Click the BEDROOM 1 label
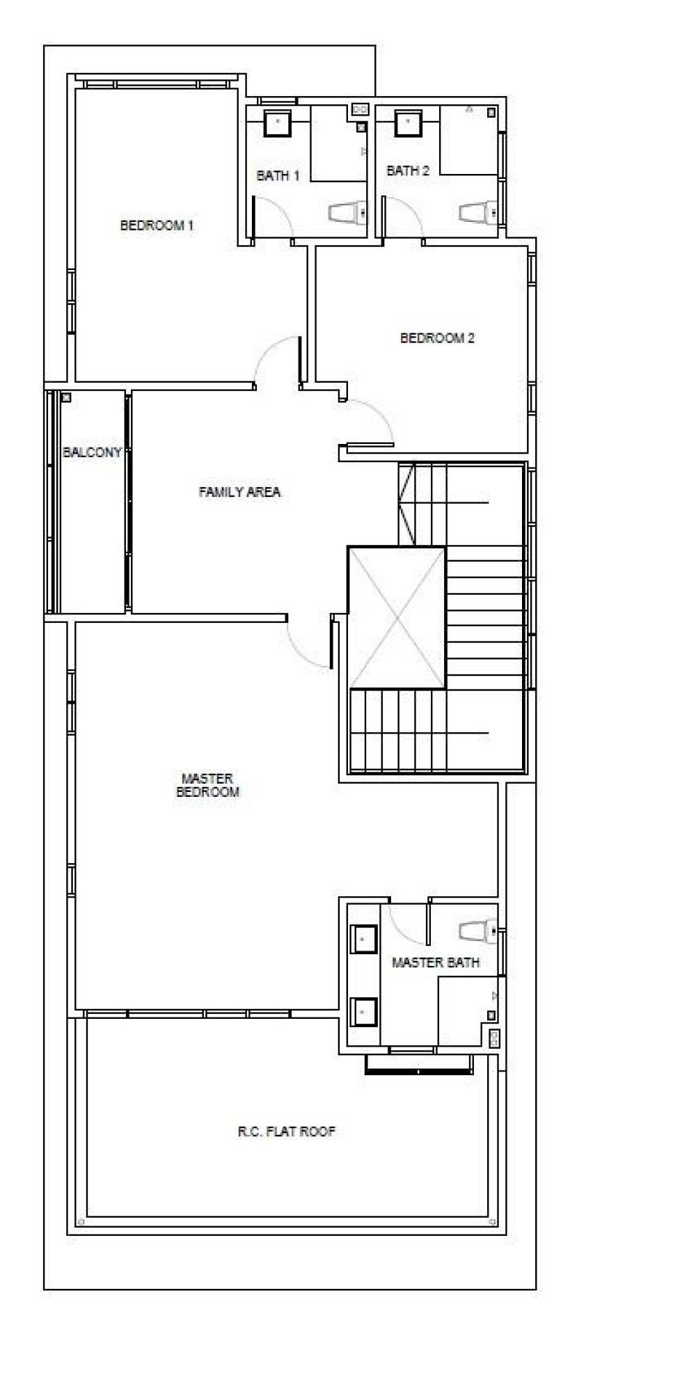(x=157, y=225)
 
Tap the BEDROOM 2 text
(x=437, y=338)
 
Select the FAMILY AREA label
(x=239, y=492)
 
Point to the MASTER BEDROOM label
(x=207, y=785)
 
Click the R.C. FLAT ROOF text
(x=286, y=1132)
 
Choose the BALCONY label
(x=92, y=452)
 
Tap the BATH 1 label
(x=278, y=175)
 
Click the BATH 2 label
(x=408, y=170)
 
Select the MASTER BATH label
(x=436, y=962)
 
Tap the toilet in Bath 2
(x=478, y=212)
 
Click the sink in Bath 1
(x=278, y=123)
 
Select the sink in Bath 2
(x=407, y=122)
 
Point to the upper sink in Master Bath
(x=363, y=939)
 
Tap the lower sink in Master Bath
(x=363, y=1012)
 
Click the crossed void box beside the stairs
(x=397, y=618)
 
